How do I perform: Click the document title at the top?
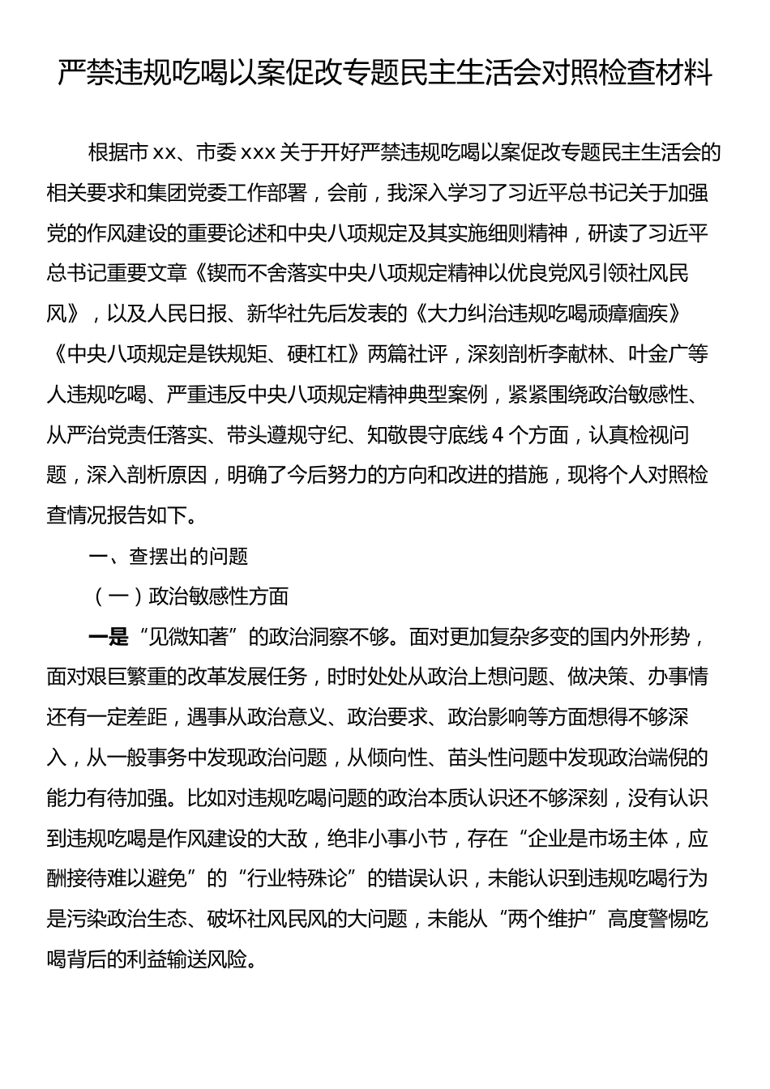(x=385, y=73)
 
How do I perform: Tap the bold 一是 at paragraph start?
(x=108, y=638)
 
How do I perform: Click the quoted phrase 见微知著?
(x=188, y=638)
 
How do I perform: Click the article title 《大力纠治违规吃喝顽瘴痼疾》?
(x=547, y=314)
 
